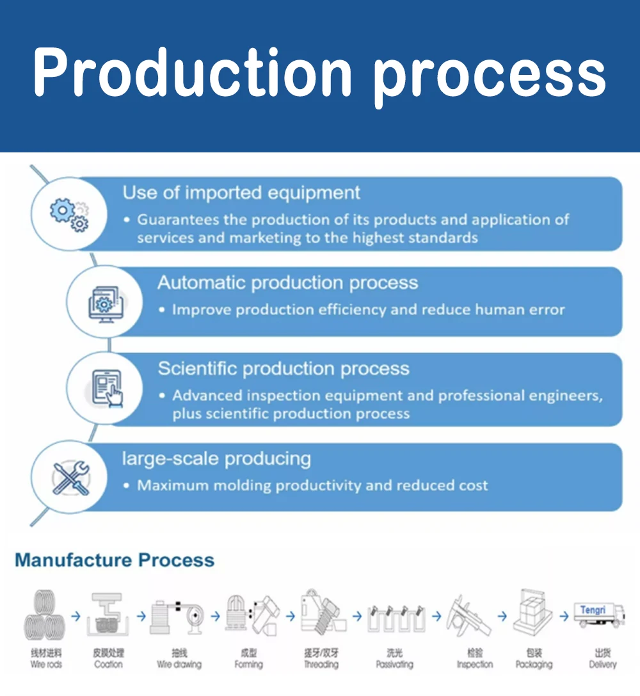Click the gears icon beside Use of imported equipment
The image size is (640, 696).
[x=69, y=214]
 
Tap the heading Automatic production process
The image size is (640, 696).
[x=287, y=283]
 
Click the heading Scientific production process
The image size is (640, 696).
[x=284, y=369]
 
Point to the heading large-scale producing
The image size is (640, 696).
[x=216, y=458]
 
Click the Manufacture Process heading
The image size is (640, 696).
[x=115, y=560]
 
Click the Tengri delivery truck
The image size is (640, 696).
[x=598, y=616]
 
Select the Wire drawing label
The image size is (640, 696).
[x=179, y=665]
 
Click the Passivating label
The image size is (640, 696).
[x=394, y=665]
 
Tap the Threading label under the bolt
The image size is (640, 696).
[x=321, y=665]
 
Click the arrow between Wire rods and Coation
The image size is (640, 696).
[x=76, y=617]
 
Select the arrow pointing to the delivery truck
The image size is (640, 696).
[x=564, y=617]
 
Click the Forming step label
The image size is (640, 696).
[x=248, y=665]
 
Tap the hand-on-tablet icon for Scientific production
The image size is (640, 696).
[x=107, y=389]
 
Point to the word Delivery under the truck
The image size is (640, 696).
[x=602, y=665]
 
